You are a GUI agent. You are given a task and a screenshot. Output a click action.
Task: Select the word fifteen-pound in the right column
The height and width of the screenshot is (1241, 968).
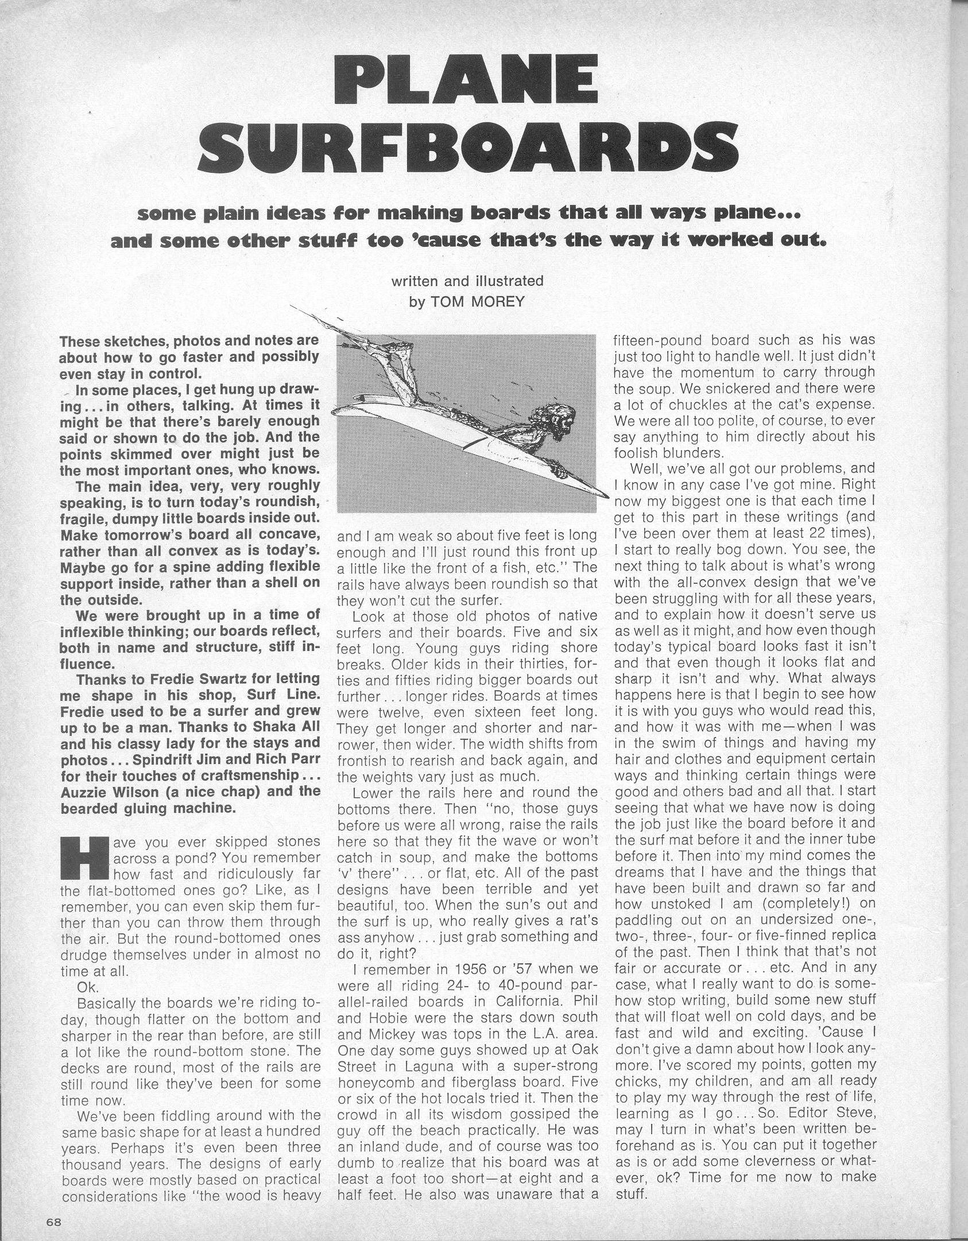(660, 340)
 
